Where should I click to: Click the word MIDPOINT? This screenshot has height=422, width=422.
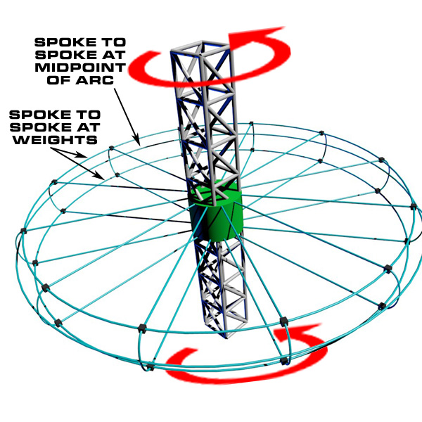click(x=80, y=68)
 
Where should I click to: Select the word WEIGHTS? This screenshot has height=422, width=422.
click(x=55, y=140)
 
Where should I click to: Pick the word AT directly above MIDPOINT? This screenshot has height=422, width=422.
click(x=113, y=55)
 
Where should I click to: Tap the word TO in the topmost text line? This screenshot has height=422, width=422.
click(x=113, y=42)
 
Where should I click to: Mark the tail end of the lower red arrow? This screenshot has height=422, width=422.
click(x=188, y=351)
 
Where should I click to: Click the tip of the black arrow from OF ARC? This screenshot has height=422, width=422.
click(x=139, y=145)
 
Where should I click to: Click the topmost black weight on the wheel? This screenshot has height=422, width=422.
click(x=251, y=124)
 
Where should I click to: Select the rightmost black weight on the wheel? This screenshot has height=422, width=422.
click(x=414, y=207)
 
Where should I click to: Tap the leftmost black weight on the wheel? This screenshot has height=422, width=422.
click(x=23, y=231)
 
